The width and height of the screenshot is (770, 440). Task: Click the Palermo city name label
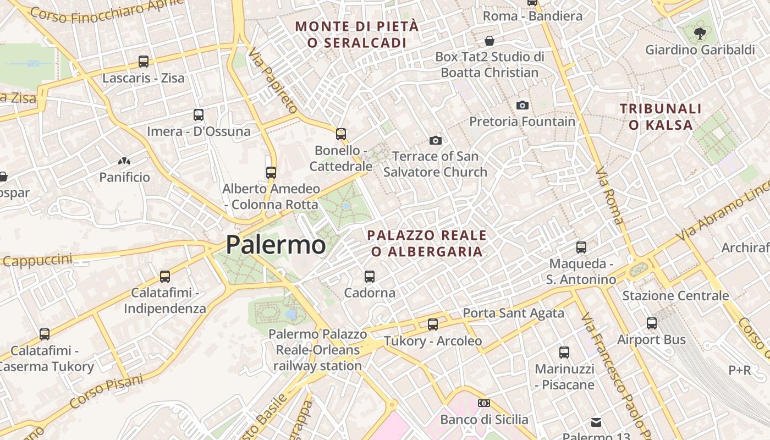[276, 244]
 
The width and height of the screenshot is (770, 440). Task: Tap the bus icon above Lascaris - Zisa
[144, 61]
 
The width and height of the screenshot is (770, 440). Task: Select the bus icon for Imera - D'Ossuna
[199, 115]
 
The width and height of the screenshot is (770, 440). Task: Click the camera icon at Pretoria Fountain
[522, 105]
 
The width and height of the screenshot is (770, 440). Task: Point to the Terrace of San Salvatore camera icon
[436, 140]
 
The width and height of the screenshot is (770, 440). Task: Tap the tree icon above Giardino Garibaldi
[700, 34]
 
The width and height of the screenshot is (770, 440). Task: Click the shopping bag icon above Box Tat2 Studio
[490, 41]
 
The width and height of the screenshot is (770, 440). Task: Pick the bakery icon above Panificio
[124, 161]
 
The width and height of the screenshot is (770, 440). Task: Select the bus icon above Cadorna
[370, 276]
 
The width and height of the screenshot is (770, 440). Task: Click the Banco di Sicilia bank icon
[484, 403]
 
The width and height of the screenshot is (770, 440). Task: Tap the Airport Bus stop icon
[652, 323]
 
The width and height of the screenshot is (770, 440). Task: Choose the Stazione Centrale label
[675, 295]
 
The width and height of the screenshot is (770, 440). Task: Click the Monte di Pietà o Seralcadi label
[357, 34]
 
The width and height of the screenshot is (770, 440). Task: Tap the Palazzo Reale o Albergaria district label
[427, 243]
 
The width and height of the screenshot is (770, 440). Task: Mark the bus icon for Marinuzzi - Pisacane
[564, 353]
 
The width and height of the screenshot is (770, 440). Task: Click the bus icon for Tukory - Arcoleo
[433, 324]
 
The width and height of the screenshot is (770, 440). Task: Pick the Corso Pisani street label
[107, 391]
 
